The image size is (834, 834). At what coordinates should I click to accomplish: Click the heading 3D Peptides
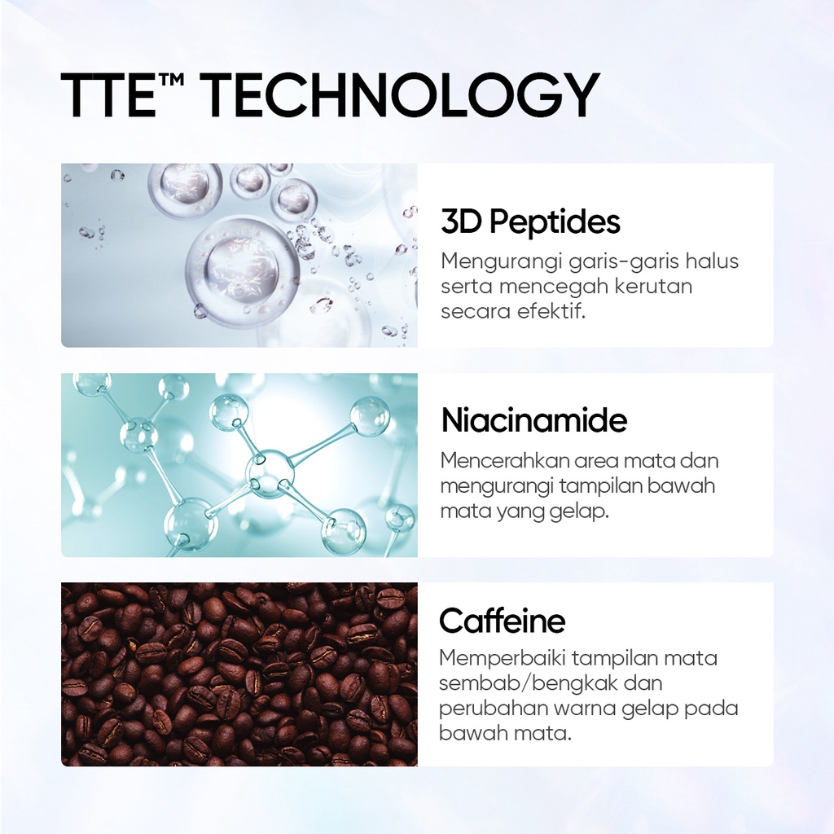[530, 222]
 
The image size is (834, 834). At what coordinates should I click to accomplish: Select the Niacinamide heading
[534, 420]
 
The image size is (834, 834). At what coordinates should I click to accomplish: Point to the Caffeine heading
[502, 621]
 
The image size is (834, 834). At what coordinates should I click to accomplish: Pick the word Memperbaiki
[501, 658]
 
